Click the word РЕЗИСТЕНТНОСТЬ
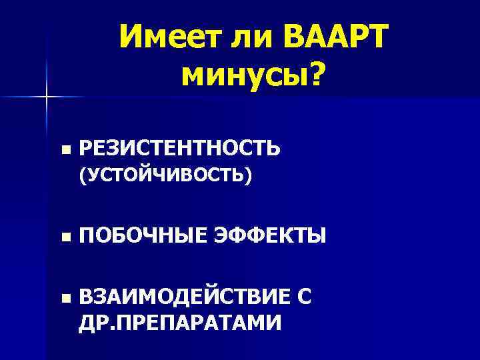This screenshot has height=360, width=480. tap(179, 147)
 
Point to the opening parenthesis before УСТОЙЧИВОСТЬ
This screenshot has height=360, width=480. tap(82, 176)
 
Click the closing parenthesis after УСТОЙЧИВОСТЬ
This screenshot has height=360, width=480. tap(249, 176)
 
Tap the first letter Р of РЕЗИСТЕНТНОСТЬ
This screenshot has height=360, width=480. tap(85, 147)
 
